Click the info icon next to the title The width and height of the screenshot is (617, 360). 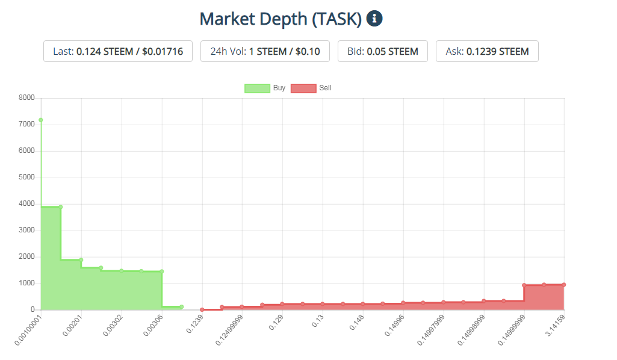[374, 19]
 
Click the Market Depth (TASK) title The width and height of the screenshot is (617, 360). [281, 19]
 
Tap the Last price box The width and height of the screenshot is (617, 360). [118, 51]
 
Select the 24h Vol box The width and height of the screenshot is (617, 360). [265, 51]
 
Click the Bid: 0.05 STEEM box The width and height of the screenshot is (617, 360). [382, 51]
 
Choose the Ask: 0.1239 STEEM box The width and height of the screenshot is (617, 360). [487, 51]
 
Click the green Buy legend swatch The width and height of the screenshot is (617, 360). [257, 88]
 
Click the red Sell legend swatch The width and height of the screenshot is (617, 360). [303, 88]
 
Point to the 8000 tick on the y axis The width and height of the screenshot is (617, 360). [27, 98]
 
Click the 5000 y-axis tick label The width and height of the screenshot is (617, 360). [27, 178]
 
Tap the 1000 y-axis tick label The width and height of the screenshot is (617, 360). [27, 283]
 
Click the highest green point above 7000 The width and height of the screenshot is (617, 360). [41, 120]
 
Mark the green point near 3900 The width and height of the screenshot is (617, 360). [61, 207]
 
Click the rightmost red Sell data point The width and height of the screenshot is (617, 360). [564, 285]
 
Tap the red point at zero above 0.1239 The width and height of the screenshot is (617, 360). [202, 309]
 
